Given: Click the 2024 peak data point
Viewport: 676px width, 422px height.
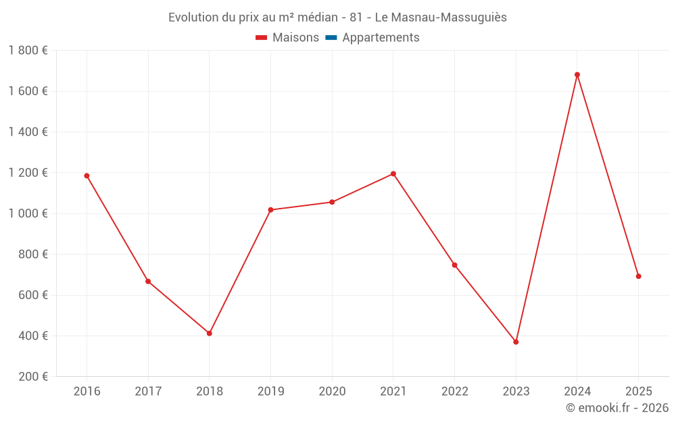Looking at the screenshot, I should point(577,75).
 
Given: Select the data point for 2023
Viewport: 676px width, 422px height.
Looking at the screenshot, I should point(516,342).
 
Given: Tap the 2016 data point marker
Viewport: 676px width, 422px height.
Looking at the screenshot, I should point(87,176).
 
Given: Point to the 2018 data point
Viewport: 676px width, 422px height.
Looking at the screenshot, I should point(210,334).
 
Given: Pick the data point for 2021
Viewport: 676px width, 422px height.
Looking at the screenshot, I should point(393,174).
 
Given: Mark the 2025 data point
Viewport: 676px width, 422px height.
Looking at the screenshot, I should point(638,276).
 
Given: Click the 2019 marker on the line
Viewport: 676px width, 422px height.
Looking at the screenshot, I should point(270,210).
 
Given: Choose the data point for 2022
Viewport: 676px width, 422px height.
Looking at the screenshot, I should point(454,265).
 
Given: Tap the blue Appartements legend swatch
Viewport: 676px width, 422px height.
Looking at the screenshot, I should point(331,38).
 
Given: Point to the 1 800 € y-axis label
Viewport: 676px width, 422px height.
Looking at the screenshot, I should point(28,51).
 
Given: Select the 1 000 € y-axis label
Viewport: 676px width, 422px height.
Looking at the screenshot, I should point(28,213).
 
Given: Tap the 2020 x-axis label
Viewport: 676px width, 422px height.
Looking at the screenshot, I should point(332,392).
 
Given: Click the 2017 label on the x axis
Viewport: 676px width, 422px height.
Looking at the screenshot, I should point(148,392).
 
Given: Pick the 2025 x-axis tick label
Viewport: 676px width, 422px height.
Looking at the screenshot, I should point(638,392).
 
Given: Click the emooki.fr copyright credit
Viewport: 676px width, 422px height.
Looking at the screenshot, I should point(617,408).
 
